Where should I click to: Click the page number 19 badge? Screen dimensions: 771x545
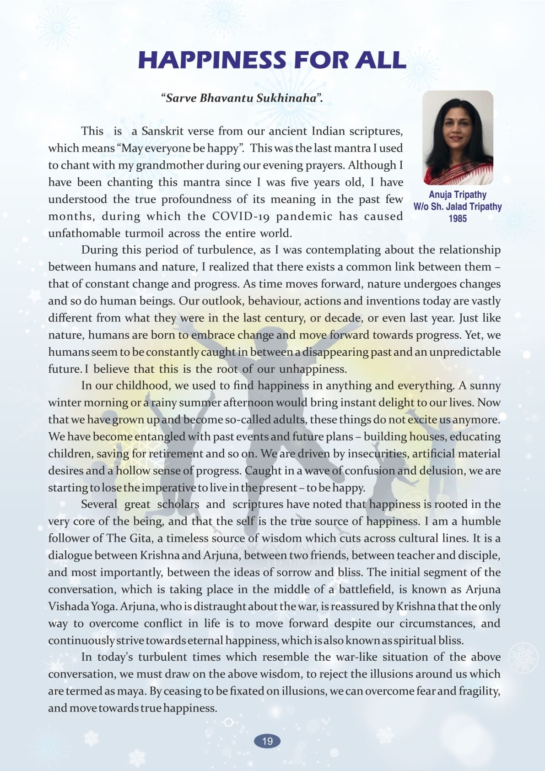(267, 741)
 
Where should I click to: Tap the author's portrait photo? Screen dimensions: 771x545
(457, 138)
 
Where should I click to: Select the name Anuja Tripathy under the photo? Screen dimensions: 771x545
(457, 195)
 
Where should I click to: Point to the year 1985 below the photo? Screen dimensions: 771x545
(457, 218)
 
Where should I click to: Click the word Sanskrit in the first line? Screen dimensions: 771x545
(162, 131)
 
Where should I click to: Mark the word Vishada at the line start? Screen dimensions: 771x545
(68, 606)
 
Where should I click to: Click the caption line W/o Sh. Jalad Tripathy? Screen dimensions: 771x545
(457, 206)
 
